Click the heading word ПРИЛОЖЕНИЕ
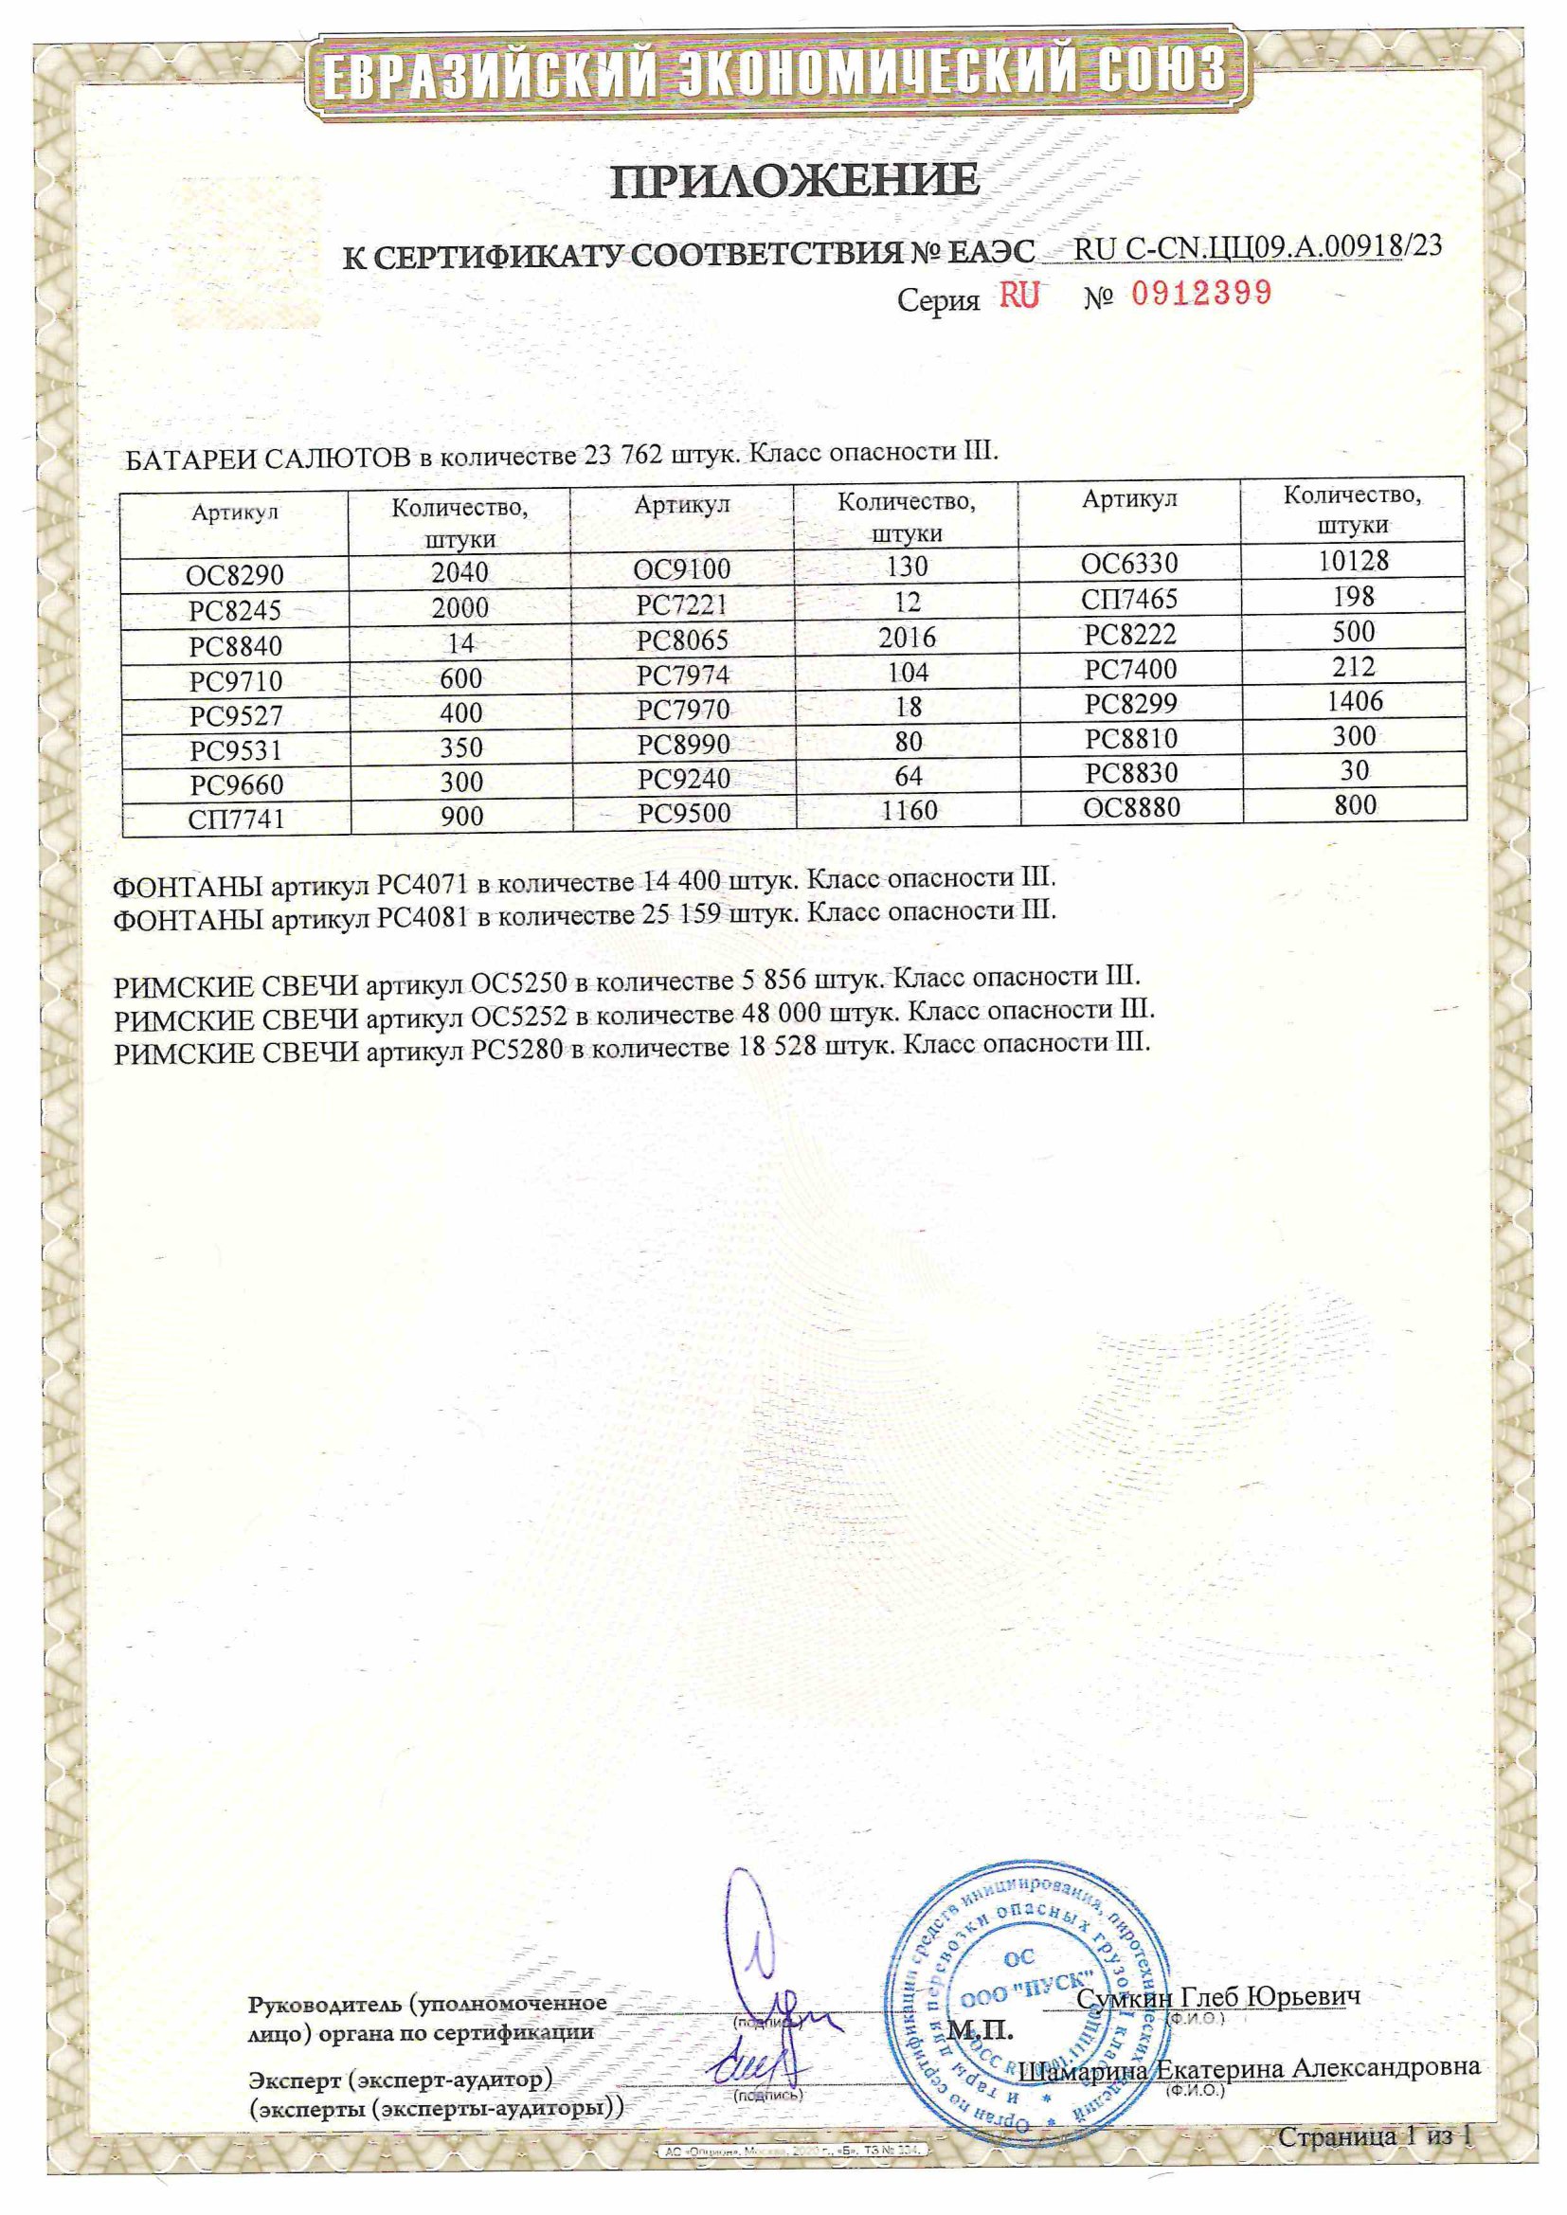(x=795, y=181)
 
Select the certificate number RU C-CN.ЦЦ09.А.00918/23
(x=1257, y=247)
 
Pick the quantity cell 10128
(x=1353, y=562)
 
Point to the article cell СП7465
(x=1129, y=599)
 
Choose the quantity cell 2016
(x=907, y=638)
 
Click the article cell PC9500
(x=684, y=813)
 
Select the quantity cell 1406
(x=1354, y=701)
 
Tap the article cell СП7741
(x=236, y=820)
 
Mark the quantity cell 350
(x=460, y=748)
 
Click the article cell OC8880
(x=1131, y=807)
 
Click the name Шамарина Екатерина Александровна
(x=1249, y=2068)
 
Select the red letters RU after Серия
(x=1019, y=295)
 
